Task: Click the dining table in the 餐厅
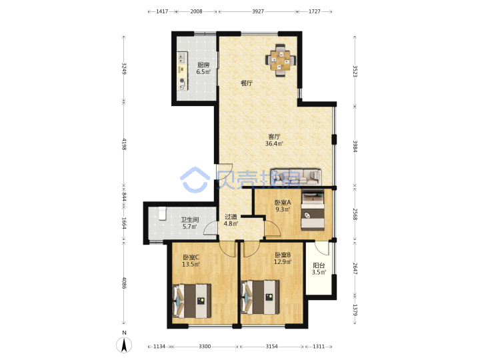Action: [x=281, y=60]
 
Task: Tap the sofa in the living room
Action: [x=296, y=177]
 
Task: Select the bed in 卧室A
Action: [x=313, y=211]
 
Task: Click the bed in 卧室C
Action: [x=192, y=301]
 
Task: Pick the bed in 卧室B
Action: [x=260, y=297]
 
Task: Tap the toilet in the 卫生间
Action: [x=162, y=214]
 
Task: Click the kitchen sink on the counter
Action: [x=182, y=57]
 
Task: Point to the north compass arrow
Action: [x=124, y=345]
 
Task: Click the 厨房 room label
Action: [x=203, y=65]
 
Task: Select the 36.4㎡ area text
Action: [x=274, y=143]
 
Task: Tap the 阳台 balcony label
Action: [x=319, y=265]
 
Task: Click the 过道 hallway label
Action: [x=231, y=217]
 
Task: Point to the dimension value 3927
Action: [x=258, y=11]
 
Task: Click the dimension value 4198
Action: [x=124, y=144]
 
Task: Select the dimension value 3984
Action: [x=355, y=146]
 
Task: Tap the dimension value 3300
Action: [x=205, y=346]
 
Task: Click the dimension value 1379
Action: [x=355, y=310]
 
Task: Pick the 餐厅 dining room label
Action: [x=247, y=83]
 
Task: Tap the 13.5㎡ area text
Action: [x=191, y=264]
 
